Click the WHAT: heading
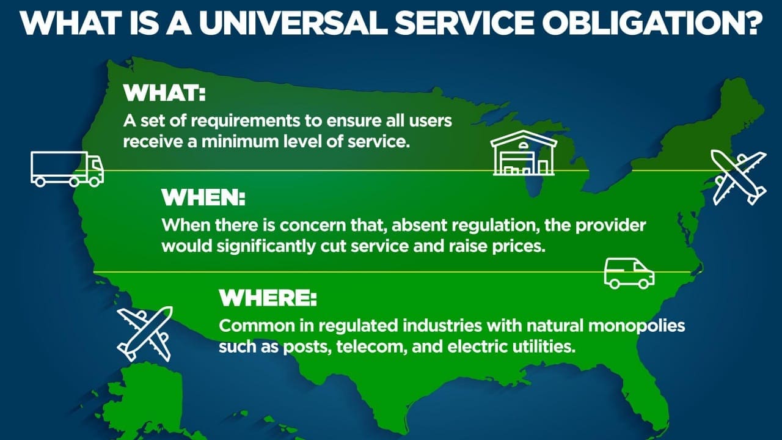(x=164, y=94)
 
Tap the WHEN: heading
(x=203, y=197)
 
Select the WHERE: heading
(x=268, y=298)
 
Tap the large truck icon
(x=67, y=169)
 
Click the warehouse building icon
(x=524, y=153)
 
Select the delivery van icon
(x=629, y=273)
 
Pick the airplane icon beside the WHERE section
(x=145, y=334)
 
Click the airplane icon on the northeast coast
(x=739, y=178)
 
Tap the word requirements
(x=246, y=122)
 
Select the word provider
(x=610, y=226)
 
